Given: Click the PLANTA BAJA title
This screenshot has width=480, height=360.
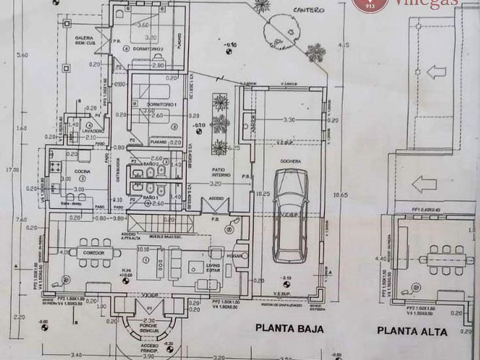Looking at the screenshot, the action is (x=289, y=329).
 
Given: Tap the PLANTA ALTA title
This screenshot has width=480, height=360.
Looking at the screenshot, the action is (x=411, y=331).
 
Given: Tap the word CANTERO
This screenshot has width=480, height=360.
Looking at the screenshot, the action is (x=309, y=10).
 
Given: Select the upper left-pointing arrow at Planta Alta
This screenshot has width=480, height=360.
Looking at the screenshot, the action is (x=436, y=72).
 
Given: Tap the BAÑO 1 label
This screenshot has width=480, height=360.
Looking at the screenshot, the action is (x=150, y=197).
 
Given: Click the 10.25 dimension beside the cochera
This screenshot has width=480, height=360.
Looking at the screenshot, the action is (x=263, y=194).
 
